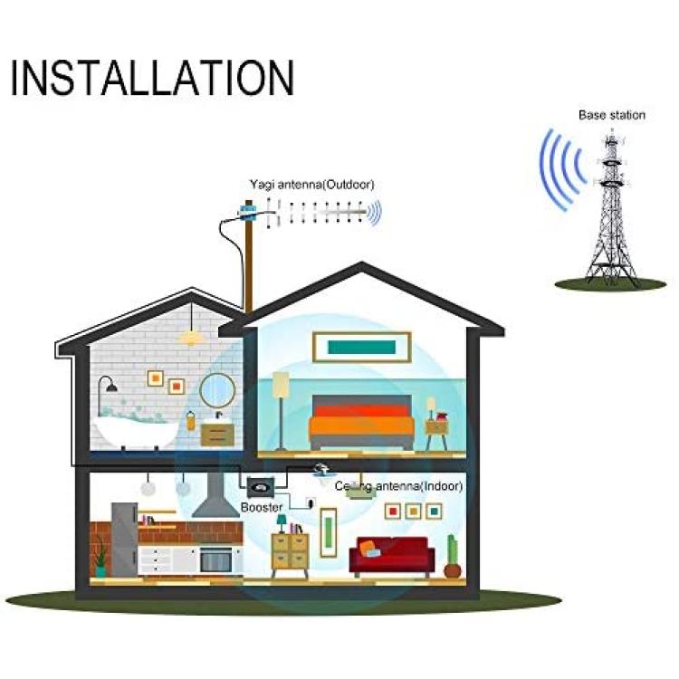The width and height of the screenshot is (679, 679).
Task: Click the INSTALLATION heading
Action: point(152,78)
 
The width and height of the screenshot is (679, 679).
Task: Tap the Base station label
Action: point(612,115)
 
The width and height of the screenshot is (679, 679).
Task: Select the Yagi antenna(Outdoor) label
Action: point(311,185)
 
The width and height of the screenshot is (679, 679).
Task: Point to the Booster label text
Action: point(262,507)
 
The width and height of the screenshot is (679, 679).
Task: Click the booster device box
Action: point(261,487)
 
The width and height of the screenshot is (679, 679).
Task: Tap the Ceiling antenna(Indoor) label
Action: point(399,486)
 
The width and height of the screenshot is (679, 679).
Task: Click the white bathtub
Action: point(135,430)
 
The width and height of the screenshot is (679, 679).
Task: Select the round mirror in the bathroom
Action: point(217,390)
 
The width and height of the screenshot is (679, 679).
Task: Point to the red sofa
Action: point(392,557)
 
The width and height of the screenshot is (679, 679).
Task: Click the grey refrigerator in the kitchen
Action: point(125,540)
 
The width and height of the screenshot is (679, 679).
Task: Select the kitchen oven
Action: point(216,560)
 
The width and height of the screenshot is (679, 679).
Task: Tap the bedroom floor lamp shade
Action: point(281,384)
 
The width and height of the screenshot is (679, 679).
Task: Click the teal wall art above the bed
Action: point(361,347)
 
